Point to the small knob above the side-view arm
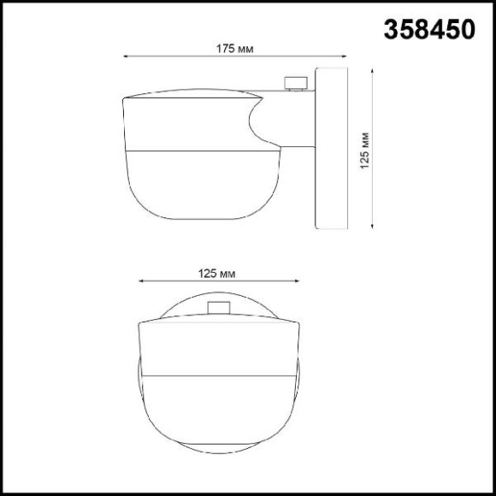pos(295,83)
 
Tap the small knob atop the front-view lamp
pos(219,308)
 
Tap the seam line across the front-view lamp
pos(219,376)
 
